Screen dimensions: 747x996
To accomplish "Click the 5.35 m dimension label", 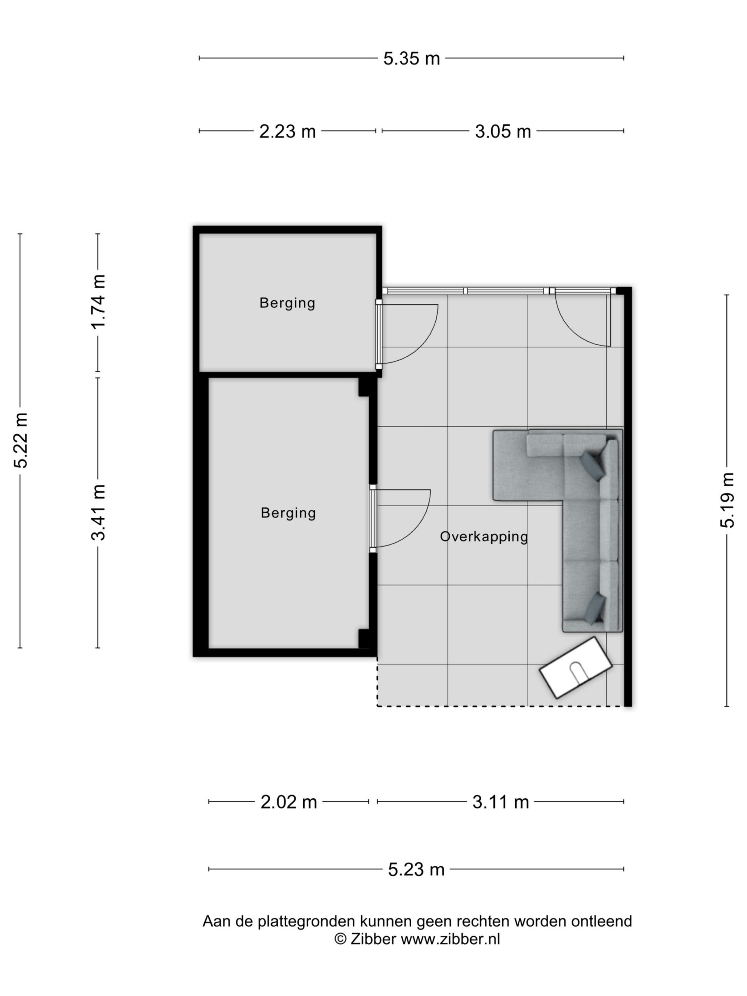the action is [x=411, y=58].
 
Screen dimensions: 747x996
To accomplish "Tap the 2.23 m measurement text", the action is [x=287, y=132].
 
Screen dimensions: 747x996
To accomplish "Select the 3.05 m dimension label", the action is [x=503, y=132].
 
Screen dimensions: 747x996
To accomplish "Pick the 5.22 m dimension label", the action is [x=21, y=440].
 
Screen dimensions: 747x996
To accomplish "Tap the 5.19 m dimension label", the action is [x=727, y=500].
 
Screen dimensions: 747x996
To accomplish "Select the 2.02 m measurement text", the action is [x=289, y=802].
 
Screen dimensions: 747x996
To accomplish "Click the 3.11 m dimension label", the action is [x=500, y=802].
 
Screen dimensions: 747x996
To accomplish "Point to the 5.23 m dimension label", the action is [x=416, y=870].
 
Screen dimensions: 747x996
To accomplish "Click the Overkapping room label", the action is [x=484, y=537].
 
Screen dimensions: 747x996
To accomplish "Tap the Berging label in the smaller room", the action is [x=287, y=303].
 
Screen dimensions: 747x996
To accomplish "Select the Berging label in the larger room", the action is [x=288, y=513].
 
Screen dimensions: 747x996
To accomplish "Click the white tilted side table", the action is [x=576, y=668].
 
